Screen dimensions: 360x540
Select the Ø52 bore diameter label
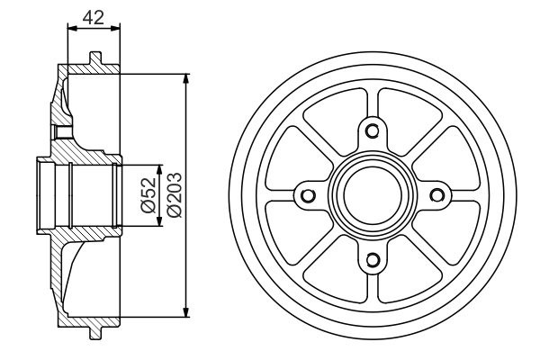click(150, 195)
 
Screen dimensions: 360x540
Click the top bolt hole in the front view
click(372, 131)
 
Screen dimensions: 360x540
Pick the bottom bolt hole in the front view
click(372, 261)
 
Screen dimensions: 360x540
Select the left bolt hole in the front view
click(307, 196)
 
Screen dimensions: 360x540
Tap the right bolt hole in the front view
click(436, 196)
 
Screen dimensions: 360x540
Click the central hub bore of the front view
click(372, 196)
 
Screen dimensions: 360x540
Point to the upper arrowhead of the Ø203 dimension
click(186, 78)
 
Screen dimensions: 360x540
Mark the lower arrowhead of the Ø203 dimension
click(186, 312)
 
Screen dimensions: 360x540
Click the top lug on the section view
click(95, 58)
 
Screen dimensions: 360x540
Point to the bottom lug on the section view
click(95, 333)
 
